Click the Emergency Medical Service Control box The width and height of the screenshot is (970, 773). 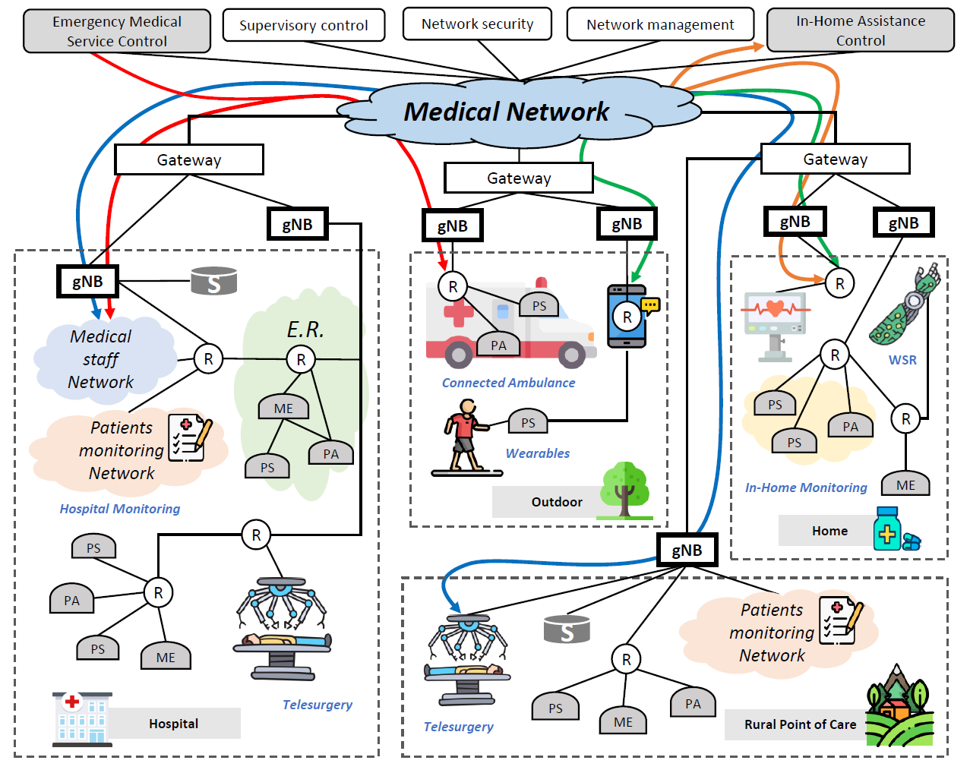117,31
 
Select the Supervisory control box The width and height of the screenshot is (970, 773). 303,25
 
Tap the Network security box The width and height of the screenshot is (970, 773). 477,24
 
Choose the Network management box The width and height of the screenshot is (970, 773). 660,24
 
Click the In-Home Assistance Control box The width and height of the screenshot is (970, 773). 860,30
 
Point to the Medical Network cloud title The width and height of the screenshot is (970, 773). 506,112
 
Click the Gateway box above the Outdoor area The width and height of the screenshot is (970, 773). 518,178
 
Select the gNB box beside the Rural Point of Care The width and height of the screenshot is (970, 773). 687,550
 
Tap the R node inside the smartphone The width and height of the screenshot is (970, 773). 627,317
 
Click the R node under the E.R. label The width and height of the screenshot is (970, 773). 301,359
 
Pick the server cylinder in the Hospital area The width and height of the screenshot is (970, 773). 213,280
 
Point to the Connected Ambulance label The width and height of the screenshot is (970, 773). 508,383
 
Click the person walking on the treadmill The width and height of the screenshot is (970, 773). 466,435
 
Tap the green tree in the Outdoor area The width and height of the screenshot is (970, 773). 624,490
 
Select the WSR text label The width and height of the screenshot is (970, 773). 902,360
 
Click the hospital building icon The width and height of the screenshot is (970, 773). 82,719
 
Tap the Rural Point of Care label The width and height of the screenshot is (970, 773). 800,724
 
